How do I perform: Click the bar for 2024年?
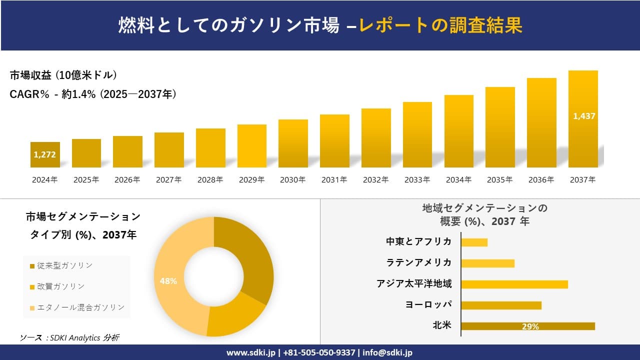(45, 154)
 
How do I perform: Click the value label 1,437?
(583, 116)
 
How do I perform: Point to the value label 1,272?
(44, 154)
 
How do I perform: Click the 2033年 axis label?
(417, 180)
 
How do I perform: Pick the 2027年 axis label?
(168, 180)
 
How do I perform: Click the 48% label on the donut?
(168, 281)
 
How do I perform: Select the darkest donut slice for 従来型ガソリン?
(250, 255)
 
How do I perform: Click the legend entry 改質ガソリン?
(59, 286)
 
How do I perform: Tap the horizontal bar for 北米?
(527, 326)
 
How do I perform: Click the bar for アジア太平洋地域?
(514, 284)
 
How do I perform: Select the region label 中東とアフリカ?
(418, 241)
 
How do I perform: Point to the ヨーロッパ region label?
(428, 304)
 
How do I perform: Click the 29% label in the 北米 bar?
(530, 326)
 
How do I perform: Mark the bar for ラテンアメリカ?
(487, 263)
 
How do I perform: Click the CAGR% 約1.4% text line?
(93, 94)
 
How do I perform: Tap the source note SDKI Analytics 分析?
(69, 338)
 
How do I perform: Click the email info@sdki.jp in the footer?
(387, 352)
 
